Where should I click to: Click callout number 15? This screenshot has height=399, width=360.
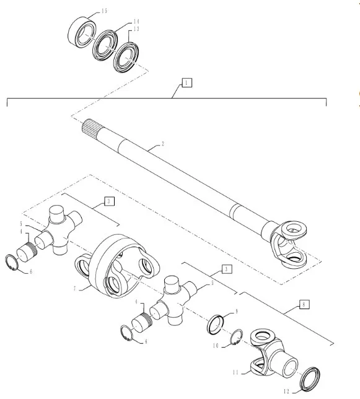(104, 11)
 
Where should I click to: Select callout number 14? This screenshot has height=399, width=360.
(136, 21)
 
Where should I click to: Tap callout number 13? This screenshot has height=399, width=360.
(136, 28)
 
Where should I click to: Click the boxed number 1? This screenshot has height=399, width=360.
(187, 83)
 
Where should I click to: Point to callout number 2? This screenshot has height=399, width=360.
(162, 144)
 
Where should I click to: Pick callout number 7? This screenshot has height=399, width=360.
(75, 289)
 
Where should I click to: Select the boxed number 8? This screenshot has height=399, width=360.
(304, 304)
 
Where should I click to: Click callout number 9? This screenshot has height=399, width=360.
(237, 311)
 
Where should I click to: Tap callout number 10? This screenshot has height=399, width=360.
(216, 346)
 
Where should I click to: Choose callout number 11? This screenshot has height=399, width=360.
(235, 372)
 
